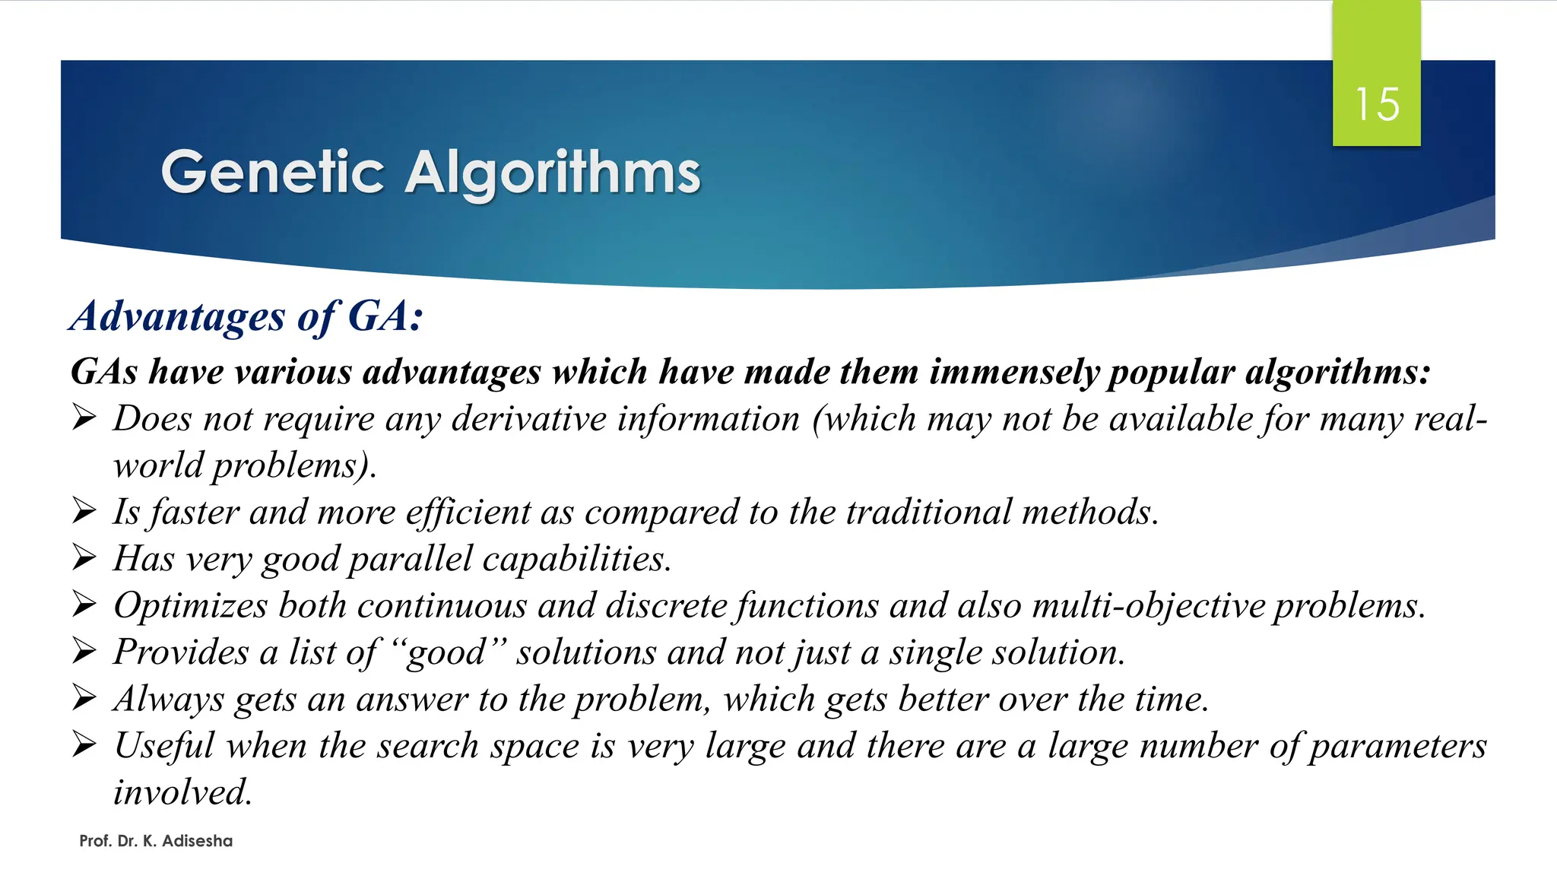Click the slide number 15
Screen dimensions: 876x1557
pyautogui.click(x=1377, y=104)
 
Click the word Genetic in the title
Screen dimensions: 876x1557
pyautogui.click(x=272, y=173)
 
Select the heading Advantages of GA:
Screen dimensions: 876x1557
pyautogui.click(x=246, y=316)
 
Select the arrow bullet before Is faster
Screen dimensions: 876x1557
pyautogui.click(x=84, y=511)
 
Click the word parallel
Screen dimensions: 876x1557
pyautogui.click(x=411, y=559)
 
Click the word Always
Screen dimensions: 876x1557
pyautogui.click(x=169, y=700)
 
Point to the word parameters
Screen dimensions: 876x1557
pyautogui.click(x=1398, y=746)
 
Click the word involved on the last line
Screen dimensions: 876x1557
pyautogui.click(x=182, y=792)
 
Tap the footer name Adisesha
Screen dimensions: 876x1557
pyautogui.click(x=197, y=841)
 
